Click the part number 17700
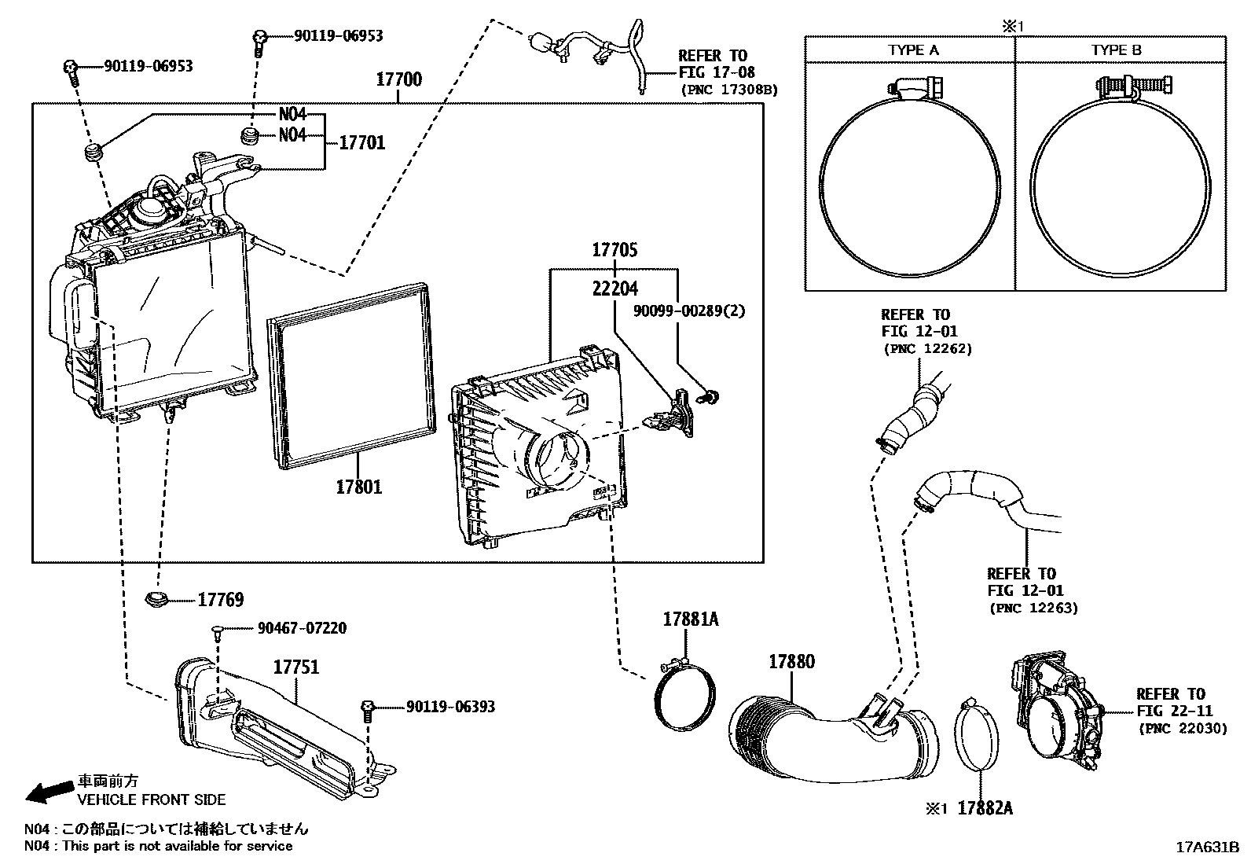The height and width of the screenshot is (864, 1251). (x=398, y=79)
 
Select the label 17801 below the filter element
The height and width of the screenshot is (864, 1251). (x=358, y=487)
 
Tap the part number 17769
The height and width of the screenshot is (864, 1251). (x=220, y=600)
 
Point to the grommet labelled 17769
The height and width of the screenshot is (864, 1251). (x=159, y=599)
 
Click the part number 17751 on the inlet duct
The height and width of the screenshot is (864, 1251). (x=296, y=667)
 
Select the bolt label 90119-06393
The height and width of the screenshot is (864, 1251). (x=450, y=707)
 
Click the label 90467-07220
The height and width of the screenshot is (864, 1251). (x=302, y=628)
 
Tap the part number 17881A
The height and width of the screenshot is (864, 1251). (x=690, y=620)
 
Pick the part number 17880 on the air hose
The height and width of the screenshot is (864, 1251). (x=791, y=661)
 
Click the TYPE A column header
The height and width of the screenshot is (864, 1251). (x=913, y=50)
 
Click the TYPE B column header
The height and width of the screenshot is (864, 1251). (x=1116, y=50)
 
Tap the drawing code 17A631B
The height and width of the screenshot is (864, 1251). (x=1207, y=847)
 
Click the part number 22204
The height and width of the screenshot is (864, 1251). (x=614, y=289)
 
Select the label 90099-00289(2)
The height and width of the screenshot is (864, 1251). (x=688, y=311)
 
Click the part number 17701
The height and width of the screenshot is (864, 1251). (x=361, y=142)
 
